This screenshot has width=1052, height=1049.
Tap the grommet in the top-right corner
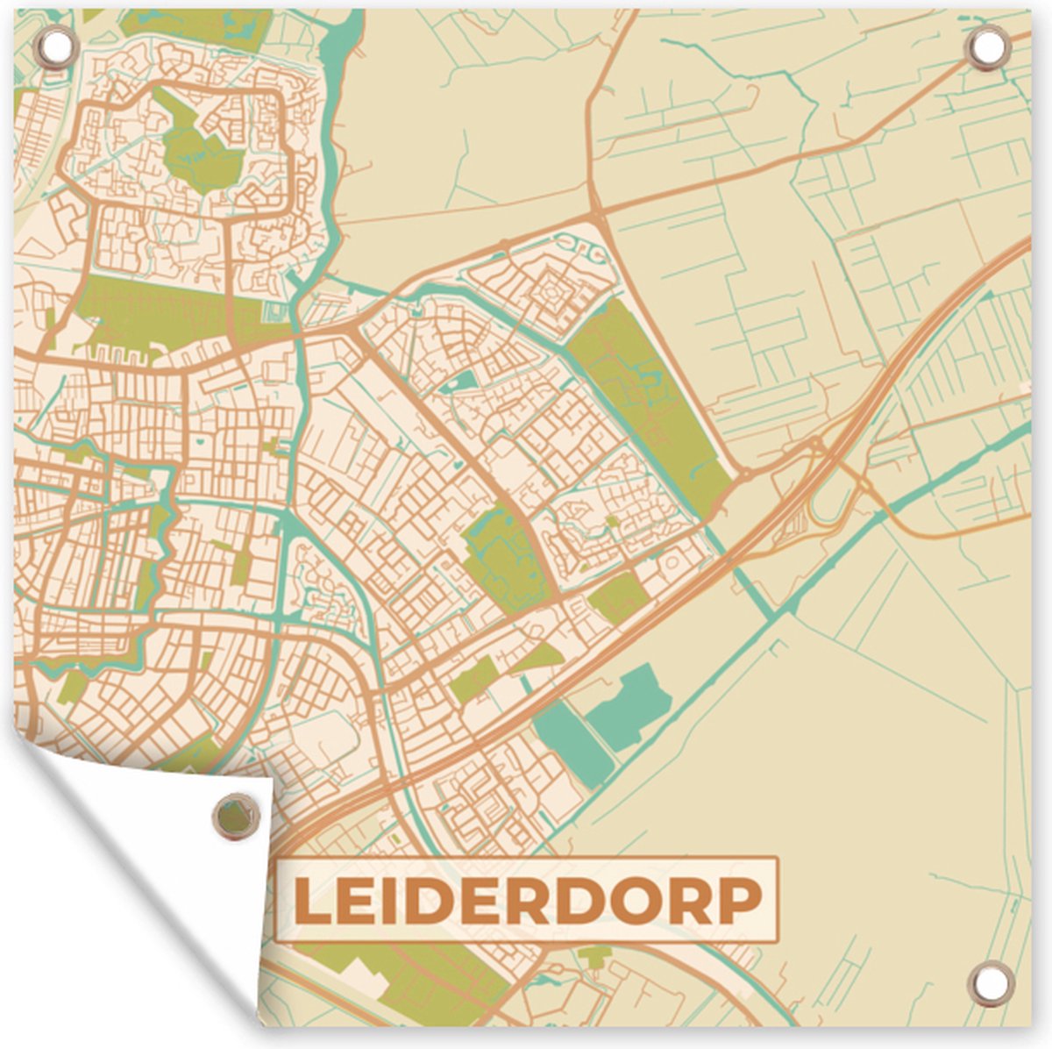[x=984, y=49]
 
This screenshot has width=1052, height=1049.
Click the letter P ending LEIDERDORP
[x=739, y=900]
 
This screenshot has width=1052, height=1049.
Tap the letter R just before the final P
[x=689, y=900]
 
